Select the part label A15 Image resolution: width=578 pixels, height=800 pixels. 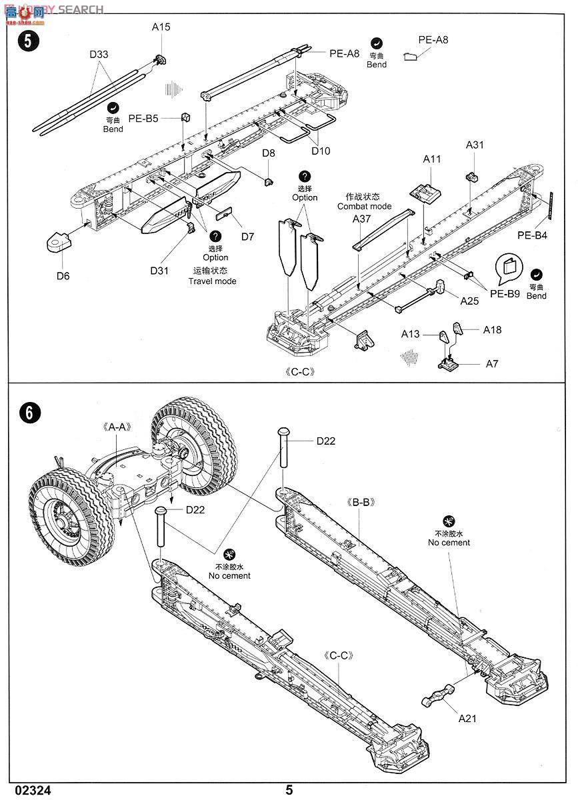pyautogui.click(x=161, y=27)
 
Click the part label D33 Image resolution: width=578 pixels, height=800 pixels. pyautogui.click(x=99, y=55)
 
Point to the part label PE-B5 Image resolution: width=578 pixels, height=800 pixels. pyautogui.click(x=143, y=118)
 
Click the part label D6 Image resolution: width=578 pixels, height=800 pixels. pyautogui.click(x=63, y=275)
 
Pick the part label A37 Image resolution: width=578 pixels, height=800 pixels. pyautogui.click(x=362, y=219)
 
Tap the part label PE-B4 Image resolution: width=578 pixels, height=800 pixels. pyautogui.click(x=532, y=235)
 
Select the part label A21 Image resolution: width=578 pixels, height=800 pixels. pyautogui.click(x=467, y=719)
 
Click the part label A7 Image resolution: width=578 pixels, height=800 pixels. pyautogui.click(x=492, y=364)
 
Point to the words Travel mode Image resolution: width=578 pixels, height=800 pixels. pyautogui.click(x=212, y=281)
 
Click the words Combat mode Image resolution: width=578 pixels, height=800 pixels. pyautogui.click(x=365, y=207)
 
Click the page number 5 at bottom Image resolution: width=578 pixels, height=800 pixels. pyautogui.click(x=289, y=790)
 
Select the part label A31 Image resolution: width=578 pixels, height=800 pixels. pyautogui.click(x=475, y=145)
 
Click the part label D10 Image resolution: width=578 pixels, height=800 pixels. pyautogui.click(x=320, y=151)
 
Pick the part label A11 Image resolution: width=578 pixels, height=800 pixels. pyautogui.click(x=432, y=159)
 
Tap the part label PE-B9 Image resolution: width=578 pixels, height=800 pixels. pyautogui.click(x=504, y=293)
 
